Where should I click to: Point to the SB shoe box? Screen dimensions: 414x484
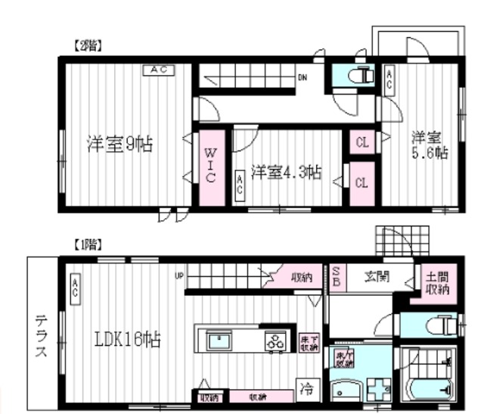click(337, 276)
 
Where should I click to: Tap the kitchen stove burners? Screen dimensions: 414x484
click(276, 341)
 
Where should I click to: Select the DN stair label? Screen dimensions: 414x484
click(302, 76)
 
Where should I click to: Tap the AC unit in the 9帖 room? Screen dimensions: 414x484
click(160, 70)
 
